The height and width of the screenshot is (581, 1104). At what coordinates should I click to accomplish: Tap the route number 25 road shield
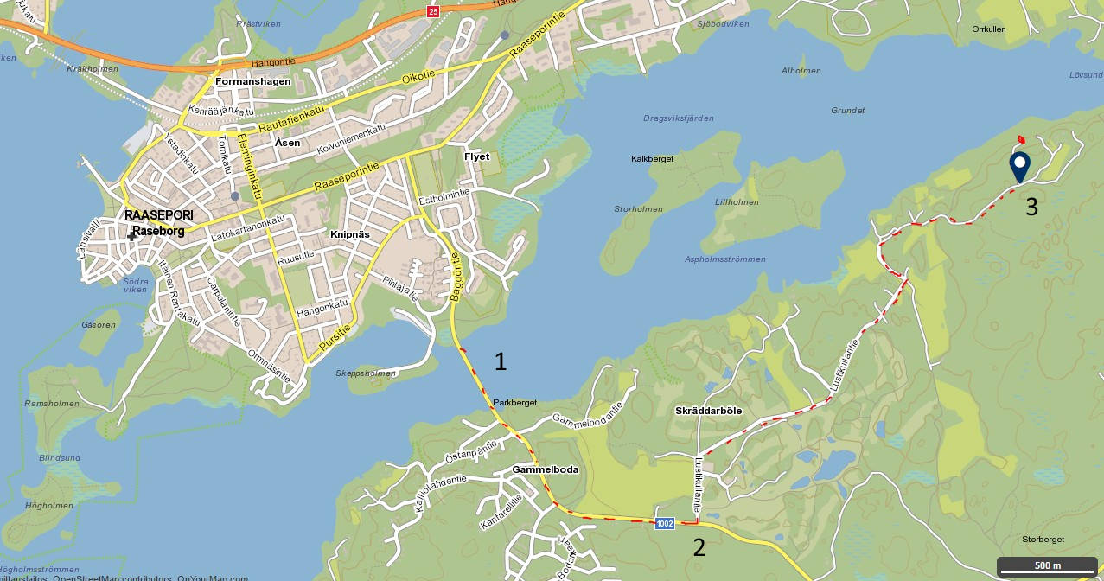433,11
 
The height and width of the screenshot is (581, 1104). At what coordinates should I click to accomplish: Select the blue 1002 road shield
664,524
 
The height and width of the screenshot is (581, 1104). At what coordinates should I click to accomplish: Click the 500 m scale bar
1048,566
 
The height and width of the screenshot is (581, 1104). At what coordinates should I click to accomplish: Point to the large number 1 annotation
500,361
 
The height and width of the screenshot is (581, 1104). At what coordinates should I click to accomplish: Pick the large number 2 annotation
699,546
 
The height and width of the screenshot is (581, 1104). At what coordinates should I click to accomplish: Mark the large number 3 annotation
1031,207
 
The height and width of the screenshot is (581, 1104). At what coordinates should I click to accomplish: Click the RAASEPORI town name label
159,215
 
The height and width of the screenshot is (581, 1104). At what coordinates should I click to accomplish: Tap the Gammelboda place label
545,469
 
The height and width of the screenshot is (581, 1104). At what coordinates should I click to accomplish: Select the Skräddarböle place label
708,411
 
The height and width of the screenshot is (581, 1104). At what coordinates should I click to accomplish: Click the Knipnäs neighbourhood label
350,234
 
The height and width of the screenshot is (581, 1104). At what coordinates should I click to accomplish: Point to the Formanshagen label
252,81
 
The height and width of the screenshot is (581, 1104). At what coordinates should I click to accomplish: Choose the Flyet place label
476,156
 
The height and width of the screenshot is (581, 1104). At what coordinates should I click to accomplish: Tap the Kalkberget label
652,159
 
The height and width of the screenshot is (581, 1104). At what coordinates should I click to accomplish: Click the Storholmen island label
638,209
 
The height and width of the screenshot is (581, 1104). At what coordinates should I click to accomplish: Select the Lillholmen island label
737,202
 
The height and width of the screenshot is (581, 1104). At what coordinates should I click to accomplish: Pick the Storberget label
1043,539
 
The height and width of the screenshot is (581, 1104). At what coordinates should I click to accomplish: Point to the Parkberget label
515,403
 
